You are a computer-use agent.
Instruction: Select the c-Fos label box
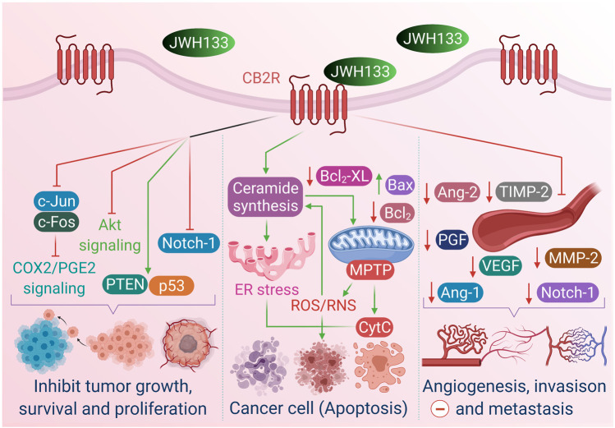click(54, 222)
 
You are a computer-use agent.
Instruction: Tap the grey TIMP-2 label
click(521, 194)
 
